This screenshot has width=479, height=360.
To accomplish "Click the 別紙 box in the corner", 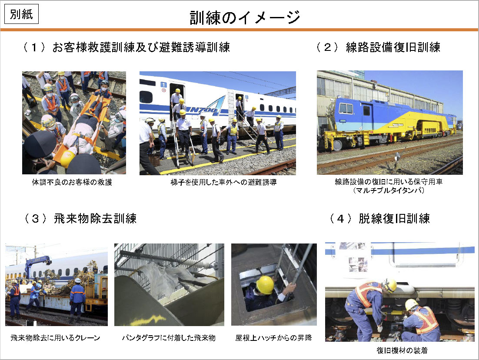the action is [x=21, y=14].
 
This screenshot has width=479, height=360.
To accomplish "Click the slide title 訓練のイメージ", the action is [x=245, y=17].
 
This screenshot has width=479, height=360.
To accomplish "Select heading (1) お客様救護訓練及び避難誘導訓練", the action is [x=126, y=47].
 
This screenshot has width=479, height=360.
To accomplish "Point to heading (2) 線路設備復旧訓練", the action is [x=378, y=47].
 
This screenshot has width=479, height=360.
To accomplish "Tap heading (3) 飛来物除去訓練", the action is [x=80, y=219].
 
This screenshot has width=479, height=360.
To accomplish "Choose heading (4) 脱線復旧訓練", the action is [x=380, y=219].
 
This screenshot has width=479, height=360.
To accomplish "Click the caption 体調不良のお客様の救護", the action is [x=72, y=182].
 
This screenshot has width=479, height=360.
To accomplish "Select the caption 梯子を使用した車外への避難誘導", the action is [x=223, y=182].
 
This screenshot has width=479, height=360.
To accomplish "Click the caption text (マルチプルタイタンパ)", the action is [x=389, y=190].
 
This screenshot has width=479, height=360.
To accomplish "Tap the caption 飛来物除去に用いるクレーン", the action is [x=55, y=338].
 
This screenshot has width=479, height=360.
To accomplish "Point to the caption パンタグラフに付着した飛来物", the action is [x=169, y=338].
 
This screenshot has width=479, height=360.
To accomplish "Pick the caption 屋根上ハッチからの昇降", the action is [x=274, y=338].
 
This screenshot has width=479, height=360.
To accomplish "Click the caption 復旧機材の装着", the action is [x=402, y=350].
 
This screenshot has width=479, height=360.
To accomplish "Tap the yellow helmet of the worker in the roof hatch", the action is [x=265, y=285].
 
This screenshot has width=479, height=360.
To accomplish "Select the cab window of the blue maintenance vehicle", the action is [x=346, y=108].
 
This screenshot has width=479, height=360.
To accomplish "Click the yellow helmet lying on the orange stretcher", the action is [x=68, y=158].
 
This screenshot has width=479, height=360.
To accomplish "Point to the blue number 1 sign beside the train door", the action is [x=164, y=85].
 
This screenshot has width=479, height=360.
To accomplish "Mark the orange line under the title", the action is [x=239, y=30].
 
